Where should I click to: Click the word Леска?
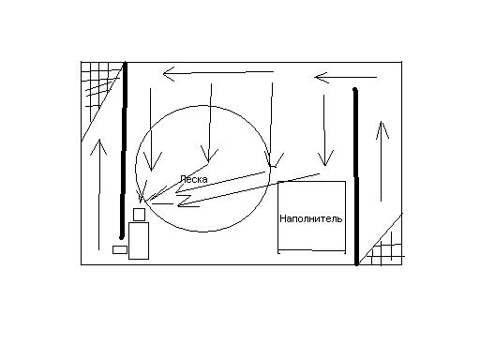(194, 179)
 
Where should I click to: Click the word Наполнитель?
(311, 218)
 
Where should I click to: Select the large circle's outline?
(136, 169)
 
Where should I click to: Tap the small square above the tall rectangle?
(139, 215)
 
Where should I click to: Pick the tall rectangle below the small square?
(139, 241)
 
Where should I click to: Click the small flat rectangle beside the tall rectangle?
(120, 249)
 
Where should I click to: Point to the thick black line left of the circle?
(124, 150)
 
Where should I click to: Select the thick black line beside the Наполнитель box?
(356, 176)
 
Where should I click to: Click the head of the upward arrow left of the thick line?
(98, 141)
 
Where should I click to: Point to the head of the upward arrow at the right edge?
(381, 123)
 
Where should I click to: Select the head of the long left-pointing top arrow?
(164, 74)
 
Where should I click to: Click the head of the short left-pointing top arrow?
(316, 77)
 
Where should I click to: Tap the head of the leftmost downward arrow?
(152, 170)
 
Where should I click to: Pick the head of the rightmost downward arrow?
(325, 165)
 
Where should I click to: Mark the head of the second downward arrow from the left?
(208, 162)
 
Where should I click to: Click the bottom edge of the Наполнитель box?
(311, 250)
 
